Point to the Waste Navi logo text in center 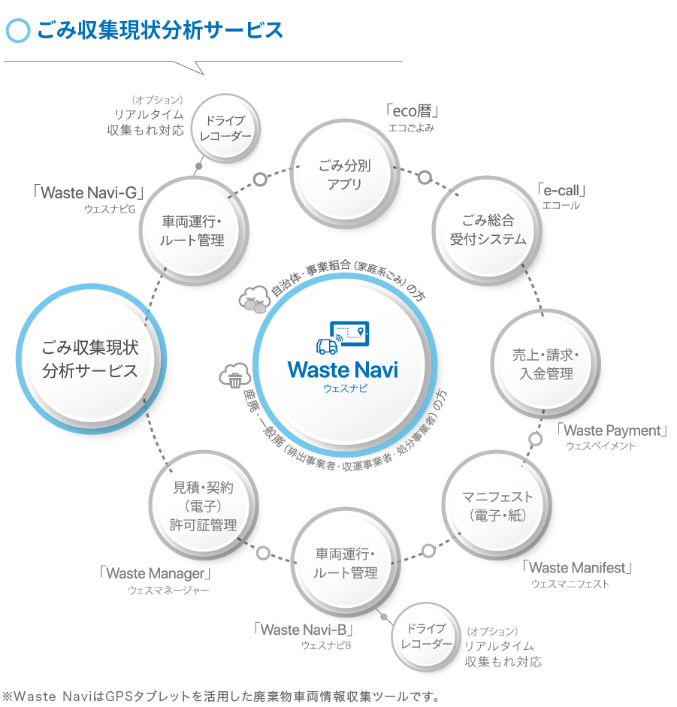click(x=343, y=370)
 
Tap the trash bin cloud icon click(x=234, y=376)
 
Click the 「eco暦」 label click(x=411, y=112)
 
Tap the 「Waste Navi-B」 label click(x=304, y=629)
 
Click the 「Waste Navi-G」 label click(x=89, y=192)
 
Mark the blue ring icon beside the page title click(x=17, y=30)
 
